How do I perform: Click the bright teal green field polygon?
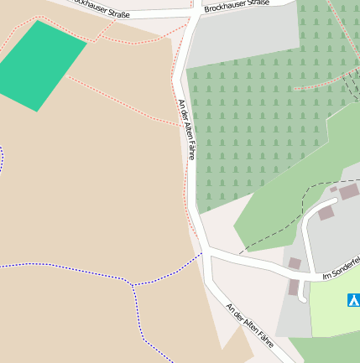[x=41, y=65]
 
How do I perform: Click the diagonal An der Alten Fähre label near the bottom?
[x=250, y=324]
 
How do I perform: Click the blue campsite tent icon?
[x=353, y=299]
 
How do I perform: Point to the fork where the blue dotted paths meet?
[x=132, y=285]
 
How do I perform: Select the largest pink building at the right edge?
[x=348, y=192]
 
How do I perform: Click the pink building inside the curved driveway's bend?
[x=325, y=213]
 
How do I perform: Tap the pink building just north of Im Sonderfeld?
[x=295, y=263]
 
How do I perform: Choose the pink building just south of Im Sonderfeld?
[x=294, y=287]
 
